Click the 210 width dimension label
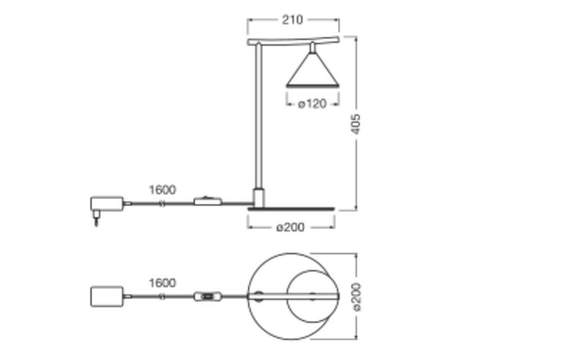[292, 20]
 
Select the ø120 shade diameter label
[312, 104]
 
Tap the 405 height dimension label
[355, 124]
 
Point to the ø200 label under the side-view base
[291, 227]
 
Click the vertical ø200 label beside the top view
[357, 297]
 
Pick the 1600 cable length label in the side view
[162, 190]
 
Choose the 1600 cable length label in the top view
[162, 283]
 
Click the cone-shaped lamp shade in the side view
[312, 70]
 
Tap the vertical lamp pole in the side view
[259, 115]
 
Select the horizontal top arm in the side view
[293, 40]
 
